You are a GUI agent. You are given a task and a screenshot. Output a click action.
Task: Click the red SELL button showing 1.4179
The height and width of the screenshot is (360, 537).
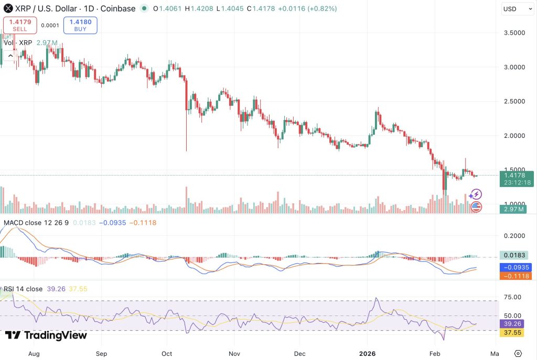[x=20, y=25]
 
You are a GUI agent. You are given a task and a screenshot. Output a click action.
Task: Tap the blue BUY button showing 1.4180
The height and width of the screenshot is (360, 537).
[x=80, y=25]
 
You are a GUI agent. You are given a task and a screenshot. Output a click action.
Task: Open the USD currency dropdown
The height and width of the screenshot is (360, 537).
[x=518, y=9]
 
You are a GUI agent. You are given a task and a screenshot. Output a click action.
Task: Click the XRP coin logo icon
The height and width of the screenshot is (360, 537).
[x=8, y=8]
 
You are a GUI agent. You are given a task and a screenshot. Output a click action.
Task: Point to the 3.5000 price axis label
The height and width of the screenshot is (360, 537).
[x=514, y=33]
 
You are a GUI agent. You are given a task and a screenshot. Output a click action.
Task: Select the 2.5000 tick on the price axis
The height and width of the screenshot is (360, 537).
[x=514, y=101]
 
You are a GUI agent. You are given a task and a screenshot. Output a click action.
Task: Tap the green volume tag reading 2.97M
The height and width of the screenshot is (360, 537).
[x=513, y=209]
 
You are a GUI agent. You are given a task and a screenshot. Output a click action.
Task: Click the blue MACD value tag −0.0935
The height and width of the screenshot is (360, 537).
[x=516, y=267]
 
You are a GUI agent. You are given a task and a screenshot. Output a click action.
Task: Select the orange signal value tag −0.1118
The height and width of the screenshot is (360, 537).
[x=516, y=276]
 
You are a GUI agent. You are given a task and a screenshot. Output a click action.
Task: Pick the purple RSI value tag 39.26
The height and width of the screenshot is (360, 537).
[x=512, y=324]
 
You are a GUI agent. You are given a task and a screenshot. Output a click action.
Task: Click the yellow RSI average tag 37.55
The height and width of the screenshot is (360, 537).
[x=512, y=332]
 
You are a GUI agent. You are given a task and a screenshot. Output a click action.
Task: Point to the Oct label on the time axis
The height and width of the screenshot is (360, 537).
[x=167, y=354]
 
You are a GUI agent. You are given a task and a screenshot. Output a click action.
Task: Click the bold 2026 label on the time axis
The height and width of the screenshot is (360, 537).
[x=367, y=354]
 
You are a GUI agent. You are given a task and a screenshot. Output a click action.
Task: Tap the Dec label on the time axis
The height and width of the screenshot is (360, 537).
[x=299, y=354]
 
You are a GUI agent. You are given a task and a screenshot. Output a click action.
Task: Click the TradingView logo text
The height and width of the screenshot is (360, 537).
[x=46, y=335]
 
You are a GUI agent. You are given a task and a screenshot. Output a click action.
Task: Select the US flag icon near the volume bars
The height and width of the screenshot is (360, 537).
[x=476, y=206]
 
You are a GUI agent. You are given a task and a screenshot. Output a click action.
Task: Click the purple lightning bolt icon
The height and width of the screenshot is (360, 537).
[x=476, y=194]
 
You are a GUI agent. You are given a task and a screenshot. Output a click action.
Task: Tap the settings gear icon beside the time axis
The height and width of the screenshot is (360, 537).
[x=518, y=354]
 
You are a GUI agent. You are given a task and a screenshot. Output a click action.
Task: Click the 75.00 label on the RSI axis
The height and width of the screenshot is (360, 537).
[x=512, y=297]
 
